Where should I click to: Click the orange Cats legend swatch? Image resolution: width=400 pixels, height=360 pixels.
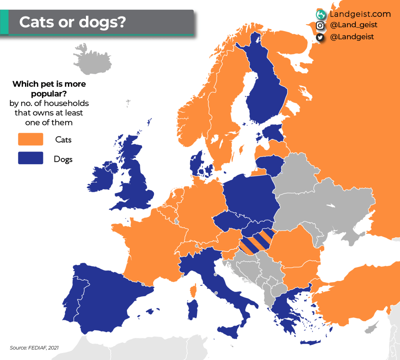pyautogui.click(x=30, y=139)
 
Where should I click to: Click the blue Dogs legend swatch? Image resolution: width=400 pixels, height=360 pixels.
pyautogui.click(x=30, y=158)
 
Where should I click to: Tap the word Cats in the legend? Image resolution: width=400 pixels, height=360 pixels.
pyautogui.click(x=63, y=140)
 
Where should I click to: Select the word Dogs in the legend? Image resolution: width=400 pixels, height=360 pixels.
pyautogui.click(x=63, y=159)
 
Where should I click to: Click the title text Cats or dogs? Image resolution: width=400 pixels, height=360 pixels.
pyautogui.click(x=72, y=22)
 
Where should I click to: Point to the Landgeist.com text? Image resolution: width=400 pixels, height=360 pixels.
pyautogui.click(x=360, y=14)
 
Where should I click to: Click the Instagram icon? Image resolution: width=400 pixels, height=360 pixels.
pyautogui.click(x=320, y=25)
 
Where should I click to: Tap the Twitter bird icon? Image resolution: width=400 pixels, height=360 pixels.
pyautogui.click(x=320, y=37)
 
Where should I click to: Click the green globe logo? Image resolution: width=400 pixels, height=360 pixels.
pyautogui.click(x=321, y=15)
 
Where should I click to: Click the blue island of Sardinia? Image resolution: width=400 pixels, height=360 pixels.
pyautogui.click(x=192, y=309)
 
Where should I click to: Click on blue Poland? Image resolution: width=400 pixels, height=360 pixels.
pyautogui.click(x=250, y=195)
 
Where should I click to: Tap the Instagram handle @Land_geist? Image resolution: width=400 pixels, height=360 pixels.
pyautogui.click(x=354, y=25)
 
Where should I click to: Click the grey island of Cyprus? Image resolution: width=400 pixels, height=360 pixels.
pyautogui.click(x=373, y=327)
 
